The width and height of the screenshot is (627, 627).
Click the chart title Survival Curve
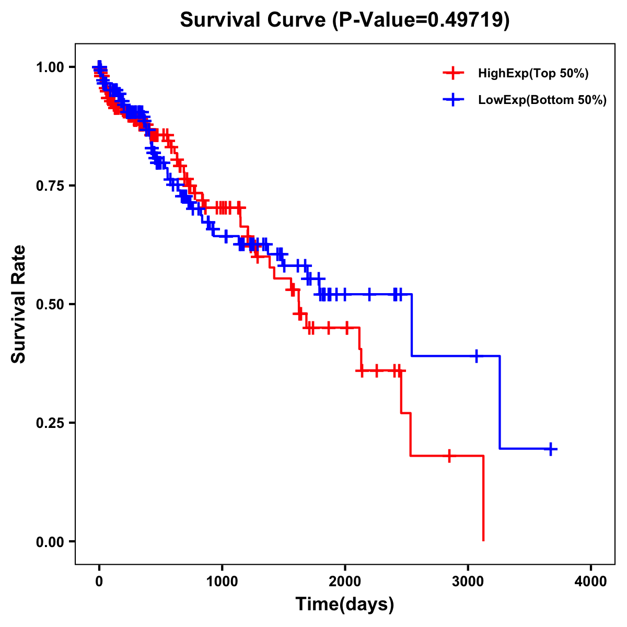(x=345, y=20)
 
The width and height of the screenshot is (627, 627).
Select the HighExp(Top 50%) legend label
(x=533, y=74)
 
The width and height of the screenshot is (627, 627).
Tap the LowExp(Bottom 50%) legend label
(x=542, y=100)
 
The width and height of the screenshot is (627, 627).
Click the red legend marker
(x=453, y=74)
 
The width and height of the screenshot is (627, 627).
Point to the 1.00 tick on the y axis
(x=51, y=67)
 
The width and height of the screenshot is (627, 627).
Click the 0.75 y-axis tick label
(x=51, y=185)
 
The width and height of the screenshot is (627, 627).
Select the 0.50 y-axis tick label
(x=51, y=304)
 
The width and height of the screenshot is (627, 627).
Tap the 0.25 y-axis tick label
(x=51, y=423)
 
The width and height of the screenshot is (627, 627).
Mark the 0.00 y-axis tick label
(x=51, y=542)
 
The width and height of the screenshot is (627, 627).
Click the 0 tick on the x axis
(x=99, y=582)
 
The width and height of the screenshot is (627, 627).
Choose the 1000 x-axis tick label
(x=222, y=582)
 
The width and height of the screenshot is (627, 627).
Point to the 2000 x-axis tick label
(x=345, y=582)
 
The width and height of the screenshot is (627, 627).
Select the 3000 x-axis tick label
(x=468, y=582)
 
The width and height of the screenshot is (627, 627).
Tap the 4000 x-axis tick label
(x=591, y=582)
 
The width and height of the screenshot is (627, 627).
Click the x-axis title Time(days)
(x=345, y=605)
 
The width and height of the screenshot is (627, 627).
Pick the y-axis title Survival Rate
(x=19, y=304)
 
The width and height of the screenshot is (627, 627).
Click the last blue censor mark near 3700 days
(x=551, y=449)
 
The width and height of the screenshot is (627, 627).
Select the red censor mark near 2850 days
(x=449, y=456)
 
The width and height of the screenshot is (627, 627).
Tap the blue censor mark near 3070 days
(x=476, y=356)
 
